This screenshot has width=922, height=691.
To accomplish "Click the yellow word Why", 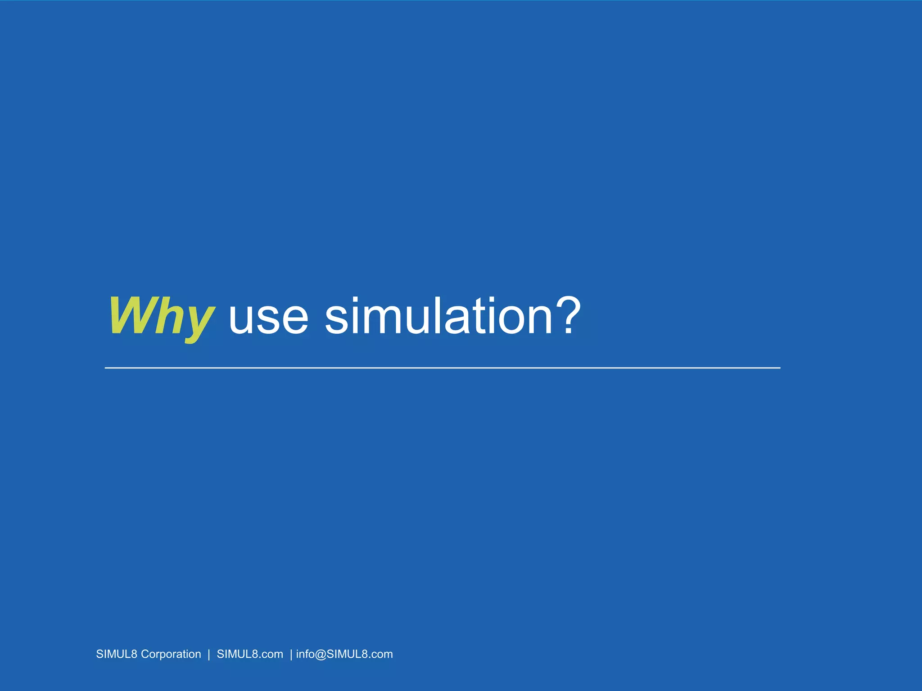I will [161, 316].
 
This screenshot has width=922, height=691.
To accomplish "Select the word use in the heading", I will [268, 317].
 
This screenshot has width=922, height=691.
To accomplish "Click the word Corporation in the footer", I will [171, 654].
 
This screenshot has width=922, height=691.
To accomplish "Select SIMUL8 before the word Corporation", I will [116, 654].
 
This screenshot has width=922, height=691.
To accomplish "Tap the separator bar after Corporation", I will [209, 654].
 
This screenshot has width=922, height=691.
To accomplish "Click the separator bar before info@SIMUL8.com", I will [291, 654].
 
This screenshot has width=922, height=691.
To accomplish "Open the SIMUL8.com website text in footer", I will [250, 654].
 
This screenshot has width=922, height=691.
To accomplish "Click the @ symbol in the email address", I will [321, 654].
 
